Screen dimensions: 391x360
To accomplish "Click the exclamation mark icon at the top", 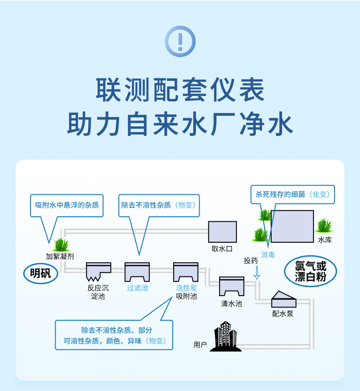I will (180, 42).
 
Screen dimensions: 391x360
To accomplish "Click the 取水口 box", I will (222, 232).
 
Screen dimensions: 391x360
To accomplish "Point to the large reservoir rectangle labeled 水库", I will (292, 226).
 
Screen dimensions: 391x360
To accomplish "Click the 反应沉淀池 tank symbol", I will (98, 271).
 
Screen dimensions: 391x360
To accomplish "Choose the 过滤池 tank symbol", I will (137, 272).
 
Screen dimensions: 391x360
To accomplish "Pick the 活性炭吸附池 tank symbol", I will (186, 272).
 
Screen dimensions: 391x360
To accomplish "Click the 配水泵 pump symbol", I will (283, 299).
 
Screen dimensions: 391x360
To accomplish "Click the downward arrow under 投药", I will (257, 273).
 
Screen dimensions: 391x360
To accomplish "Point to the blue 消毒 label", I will (268, 255).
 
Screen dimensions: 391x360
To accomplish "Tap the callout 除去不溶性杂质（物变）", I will (159, 205).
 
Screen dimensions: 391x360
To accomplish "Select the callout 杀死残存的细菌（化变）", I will (292, 194).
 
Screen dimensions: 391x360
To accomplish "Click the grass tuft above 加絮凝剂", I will (60, 245).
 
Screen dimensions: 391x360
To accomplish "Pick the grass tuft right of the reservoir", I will (324, 225).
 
